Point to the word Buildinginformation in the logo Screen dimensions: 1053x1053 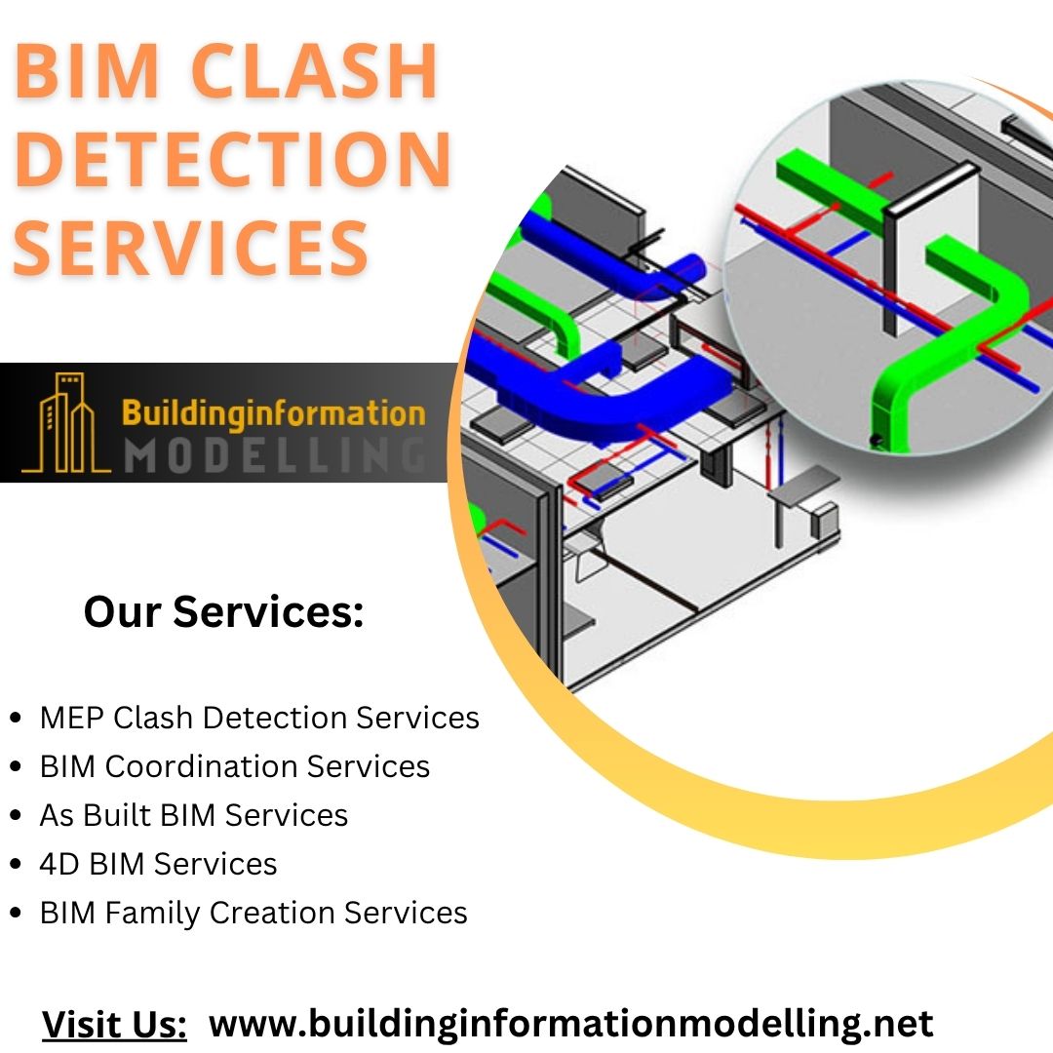point(274,412)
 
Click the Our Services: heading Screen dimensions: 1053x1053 point(223,612)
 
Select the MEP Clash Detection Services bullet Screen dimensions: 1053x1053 point(259,718)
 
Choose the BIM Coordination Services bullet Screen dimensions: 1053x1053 point(235,766)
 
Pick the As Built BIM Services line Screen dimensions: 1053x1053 point(194,815)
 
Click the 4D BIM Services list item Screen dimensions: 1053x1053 point(158,864)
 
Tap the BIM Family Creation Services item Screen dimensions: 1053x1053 point(253,913)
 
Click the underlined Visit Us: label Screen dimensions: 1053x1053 point(114,1025)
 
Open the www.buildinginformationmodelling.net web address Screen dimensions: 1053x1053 point(571,1024)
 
